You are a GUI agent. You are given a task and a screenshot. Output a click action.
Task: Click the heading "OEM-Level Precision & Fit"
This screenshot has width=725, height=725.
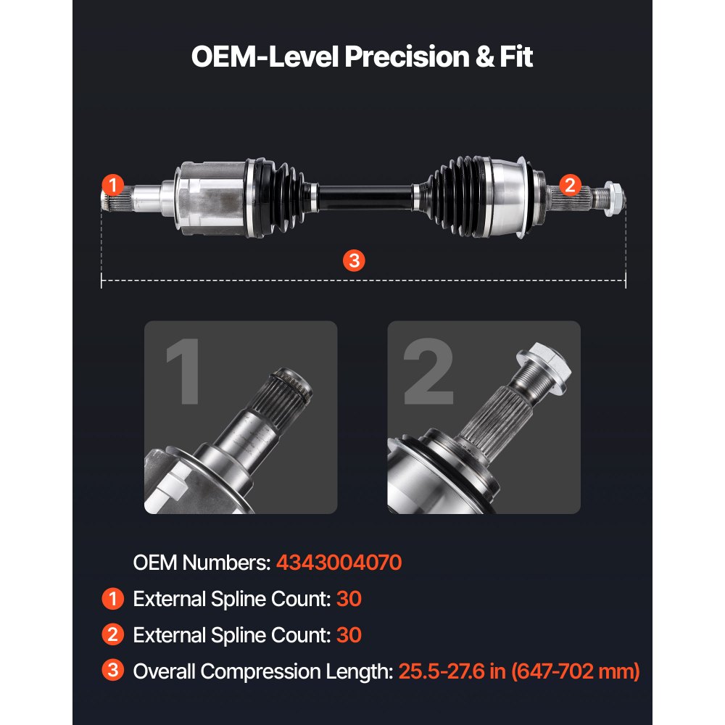tap(362, 57)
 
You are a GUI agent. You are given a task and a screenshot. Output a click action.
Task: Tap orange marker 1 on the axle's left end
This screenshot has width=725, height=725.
tap(112, 185)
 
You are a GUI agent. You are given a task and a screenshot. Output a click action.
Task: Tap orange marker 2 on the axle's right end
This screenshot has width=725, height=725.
tap(570, 185)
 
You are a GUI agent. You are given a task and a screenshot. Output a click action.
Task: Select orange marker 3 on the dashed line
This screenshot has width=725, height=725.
tap(353, 261)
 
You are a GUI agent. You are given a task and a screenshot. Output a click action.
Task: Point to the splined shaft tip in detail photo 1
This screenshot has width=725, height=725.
tap(290, 391)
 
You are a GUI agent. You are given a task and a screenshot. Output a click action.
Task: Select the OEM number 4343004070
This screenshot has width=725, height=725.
tap(339, 563)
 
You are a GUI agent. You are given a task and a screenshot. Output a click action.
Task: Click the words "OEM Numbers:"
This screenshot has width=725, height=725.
tap(202, 563)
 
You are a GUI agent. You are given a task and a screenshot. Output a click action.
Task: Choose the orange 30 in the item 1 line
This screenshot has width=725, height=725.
tap(349, 599)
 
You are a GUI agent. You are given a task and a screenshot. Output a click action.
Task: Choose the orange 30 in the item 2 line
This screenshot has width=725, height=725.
tap(349, 635)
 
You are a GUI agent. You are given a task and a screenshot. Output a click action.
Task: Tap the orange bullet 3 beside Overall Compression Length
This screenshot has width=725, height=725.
tap(112, 671)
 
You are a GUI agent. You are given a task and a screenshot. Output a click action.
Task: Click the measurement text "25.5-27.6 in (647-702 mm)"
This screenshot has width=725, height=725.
tap(519, 671)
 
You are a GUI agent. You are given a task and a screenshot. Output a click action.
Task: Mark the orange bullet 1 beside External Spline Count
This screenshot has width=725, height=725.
tap(112, 599)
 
